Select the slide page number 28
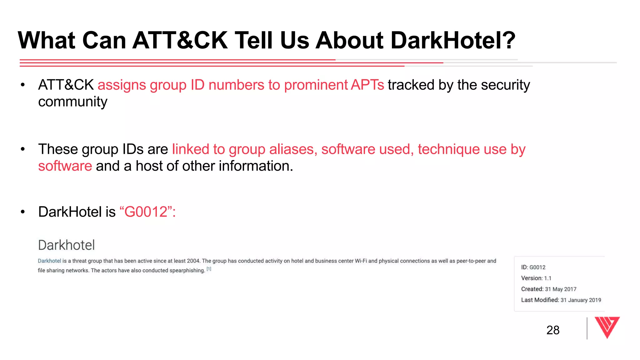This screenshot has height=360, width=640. tap(553, 330)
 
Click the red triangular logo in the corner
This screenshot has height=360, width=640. tap(607, 327)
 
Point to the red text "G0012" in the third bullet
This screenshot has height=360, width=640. tap(146, 212)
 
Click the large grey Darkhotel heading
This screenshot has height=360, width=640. tap(66, 245)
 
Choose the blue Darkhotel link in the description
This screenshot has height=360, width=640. tap(49, 261)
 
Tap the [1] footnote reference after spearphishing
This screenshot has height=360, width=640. tap(209, 269)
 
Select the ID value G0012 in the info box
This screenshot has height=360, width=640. tap(537, 267)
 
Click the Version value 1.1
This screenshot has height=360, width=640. tap(547, 278)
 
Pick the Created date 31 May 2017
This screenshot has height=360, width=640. tap(561, 289)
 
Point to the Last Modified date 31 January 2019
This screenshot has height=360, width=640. tap(581, 300)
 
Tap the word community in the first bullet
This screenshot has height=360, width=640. tap(72, 102)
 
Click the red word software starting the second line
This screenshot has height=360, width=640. tap(65, 166)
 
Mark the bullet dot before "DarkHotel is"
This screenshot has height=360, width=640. tap(22, 212)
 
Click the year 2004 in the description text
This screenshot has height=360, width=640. tap(193, 261)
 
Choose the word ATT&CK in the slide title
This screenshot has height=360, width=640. tap(180, 41)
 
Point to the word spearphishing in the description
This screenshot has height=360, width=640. tap(187, 271)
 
